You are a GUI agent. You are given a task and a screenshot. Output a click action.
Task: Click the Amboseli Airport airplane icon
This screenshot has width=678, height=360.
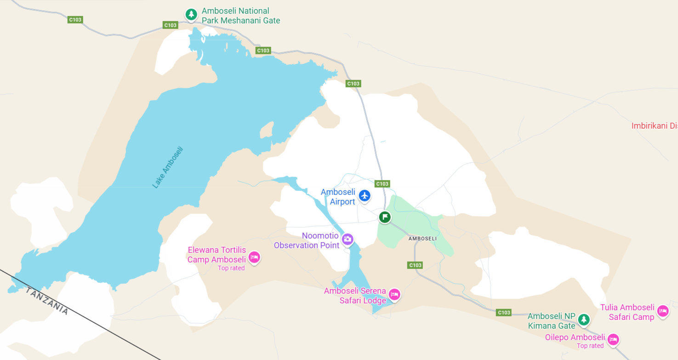click(x=365, y=196)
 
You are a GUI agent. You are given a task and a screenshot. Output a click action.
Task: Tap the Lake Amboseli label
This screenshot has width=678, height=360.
click(x=168, y=167)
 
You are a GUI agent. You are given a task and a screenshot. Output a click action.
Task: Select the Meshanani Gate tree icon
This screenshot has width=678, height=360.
click(x=191, y=14)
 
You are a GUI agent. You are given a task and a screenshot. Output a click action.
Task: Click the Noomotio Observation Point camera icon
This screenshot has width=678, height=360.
click(x=348, y=239)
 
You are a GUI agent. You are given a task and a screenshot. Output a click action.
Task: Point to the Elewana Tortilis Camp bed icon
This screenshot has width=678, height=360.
click(x=255, y=257)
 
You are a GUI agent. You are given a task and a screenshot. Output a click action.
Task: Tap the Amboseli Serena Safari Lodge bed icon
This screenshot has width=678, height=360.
click(x=394, y=294)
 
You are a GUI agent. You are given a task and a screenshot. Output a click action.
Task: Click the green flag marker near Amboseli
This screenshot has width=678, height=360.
click(x=385, y=217)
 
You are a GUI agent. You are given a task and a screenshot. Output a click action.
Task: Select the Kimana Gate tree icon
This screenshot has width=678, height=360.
click(x=584, y=319)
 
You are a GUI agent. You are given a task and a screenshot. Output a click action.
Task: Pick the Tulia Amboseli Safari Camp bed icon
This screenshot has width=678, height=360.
click(x=662, y=311)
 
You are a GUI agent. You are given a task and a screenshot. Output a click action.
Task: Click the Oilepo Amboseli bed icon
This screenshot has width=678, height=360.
click(x=613, y=339)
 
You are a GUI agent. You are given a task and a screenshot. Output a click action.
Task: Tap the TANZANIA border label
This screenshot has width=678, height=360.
click(x=47, y=301)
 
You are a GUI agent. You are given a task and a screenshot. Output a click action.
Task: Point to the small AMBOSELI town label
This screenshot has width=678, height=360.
click(x=422, y=239)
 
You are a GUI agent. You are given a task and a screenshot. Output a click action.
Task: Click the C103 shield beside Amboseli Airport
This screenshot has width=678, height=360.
click(x=382, y=184)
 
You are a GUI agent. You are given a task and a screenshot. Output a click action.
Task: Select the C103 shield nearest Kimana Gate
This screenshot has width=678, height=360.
click(x=504, y=313)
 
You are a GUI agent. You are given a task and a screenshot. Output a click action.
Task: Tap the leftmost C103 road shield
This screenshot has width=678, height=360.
click(x=75, y=20)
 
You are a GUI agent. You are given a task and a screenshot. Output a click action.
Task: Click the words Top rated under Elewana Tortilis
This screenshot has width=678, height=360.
click(x=231, y=268)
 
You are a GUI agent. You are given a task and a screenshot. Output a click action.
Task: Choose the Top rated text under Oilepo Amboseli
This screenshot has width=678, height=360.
click(x=590, y=346)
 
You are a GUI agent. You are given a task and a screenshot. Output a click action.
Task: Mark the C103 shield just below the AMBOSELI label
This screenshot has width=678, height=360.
click(x=415, y=265)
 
